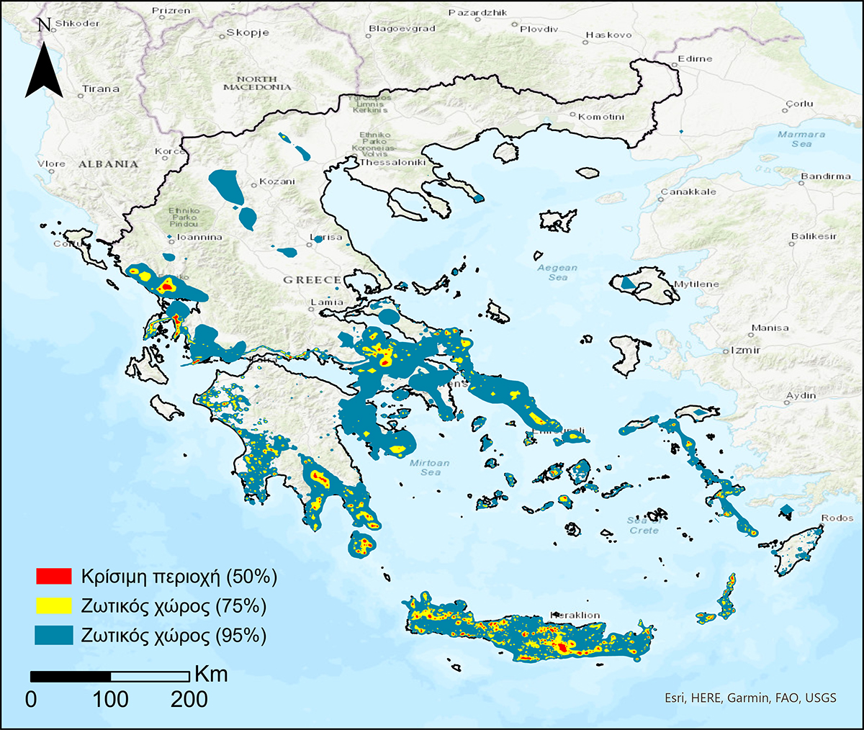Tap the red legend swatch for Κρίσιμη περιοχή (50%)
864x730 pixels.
54,576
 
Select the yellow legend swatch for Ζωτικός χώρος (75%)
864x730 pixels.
54,605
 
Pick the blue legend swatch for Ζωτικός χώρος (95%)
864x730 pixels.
54,635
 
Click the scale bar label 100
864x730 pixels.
110,699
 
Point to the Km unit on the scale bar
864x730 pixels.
211,674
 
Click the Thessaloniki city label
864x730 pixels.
393,163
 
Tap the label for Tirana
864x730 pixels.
100,89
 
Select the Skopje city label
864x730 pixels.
248,32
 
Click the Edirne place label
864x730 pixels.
695,59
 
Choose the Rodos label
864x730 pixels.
837,518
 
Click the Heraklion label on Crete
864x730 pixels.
575,616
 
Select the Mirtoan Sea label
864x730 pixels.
430,467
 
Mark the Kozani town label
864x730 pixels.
277,181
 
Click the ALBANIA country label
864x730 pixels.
108,164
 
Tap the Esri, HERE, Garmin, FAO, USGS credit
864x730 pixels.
750,698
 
